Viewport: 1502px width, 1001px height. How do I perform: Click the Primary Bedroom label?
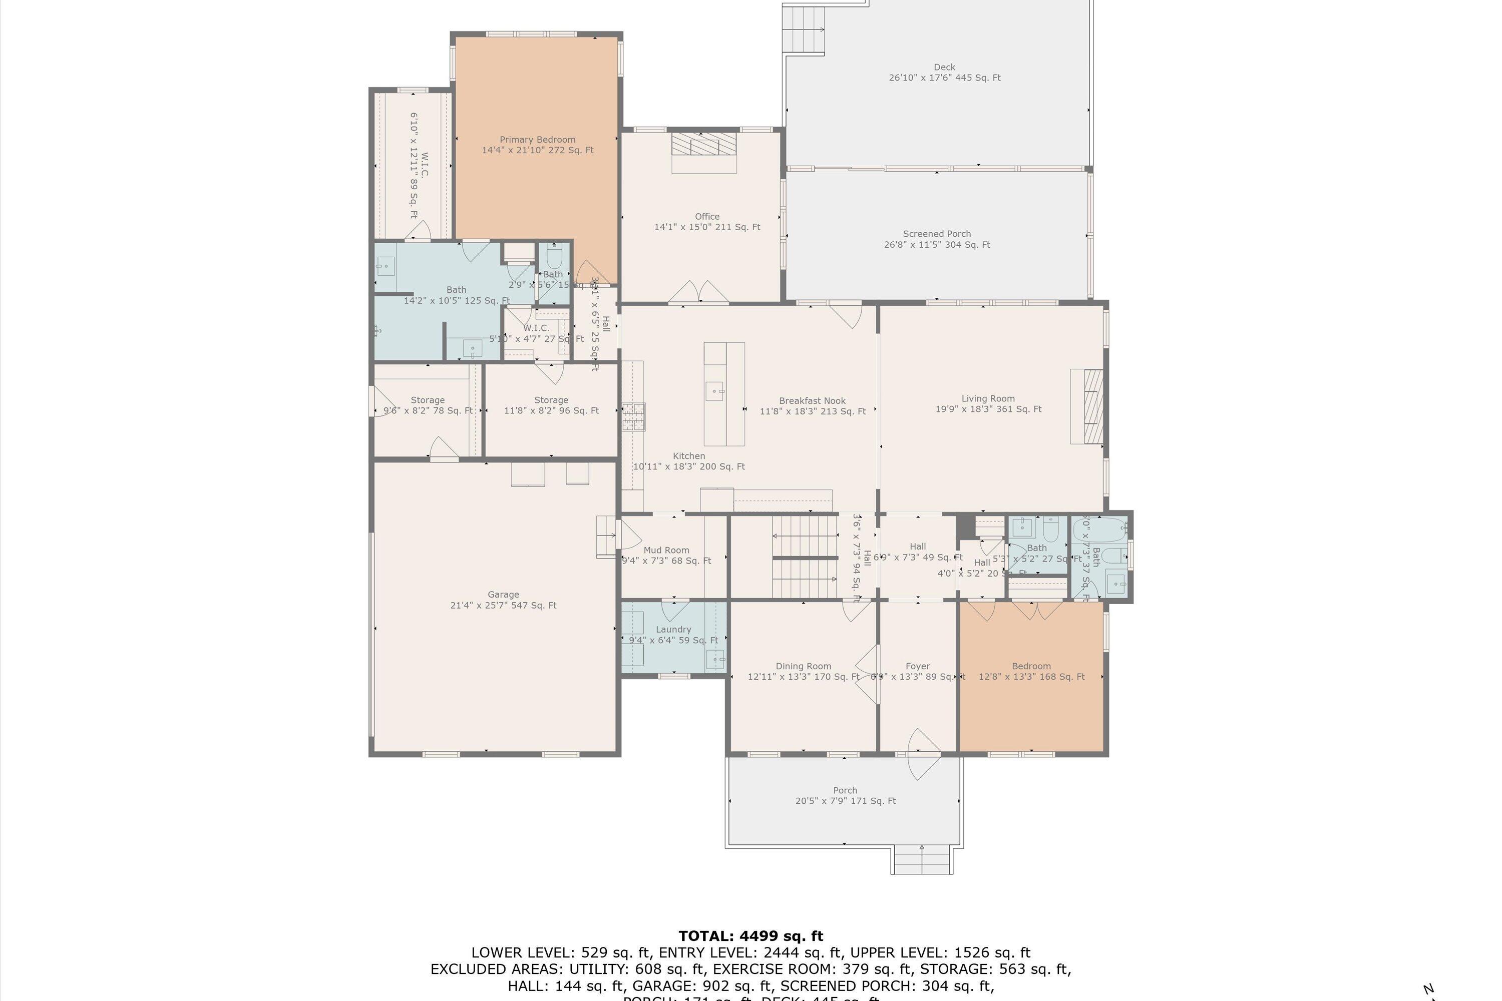click(537, 139)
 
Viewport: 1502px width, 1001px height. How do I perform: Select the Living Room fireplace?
click(1087, 406)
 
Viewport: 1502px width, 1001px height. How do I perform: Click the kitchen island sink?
click(714, 391)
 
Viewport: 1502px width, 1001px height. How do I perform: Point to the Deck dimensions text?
click(944, 78)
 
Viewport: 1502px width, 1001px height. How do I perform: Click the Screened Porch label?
click(936, 234)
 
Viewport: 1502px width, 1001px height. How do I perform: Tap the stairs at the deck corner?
click(804, 30)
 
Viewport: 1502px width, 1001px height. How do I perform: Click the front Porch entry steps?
click(922, 860)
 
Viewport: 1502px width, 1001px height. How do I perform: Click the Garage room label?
click(503, 595)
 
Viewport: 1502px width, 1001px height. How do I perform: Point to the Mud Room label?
click(666, 550)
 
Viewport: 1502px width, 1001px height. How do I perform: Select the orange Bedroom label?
click(1031, 666)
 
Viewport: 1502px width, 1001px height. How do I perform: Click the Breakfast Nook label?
click(812, 401)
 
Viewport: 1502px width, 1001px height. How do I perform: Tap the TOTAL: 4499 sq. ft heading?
click(750, 936)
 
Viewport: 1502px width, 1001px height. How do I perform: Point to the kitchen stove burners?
click(633, 417)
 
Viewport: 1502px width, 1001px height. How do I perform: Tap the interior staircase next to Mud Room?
click(804, 557)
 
